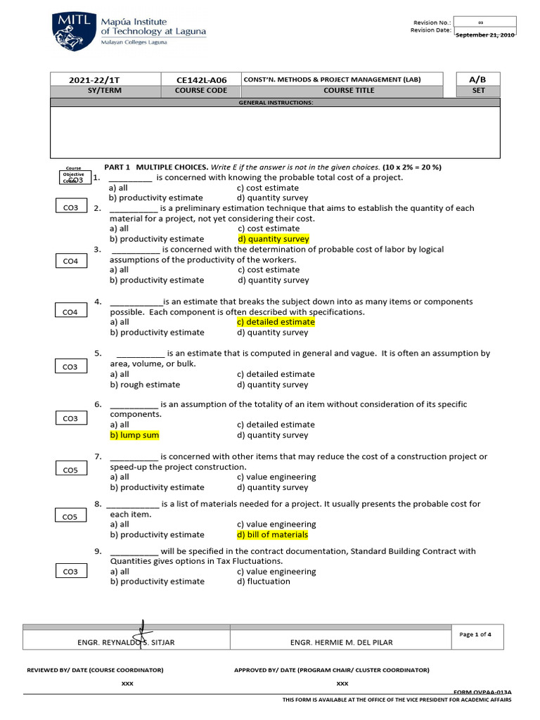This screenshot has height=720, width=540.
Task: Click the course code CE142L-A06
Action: pos(201,79)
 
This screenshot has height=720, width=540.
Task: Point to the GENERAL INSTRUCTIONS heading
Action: pos(276,103)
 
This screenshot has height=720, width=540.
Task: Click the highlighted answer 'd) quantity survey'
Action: pos(273,239)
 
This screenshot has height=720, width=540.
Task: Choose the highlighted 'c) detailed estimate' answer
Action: pos(276,322)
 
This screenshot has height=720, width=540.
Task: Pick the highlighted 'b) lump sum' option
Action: pos(134,435)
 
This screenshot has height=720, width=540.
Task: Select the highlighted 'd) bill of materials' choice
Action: pos(273,534)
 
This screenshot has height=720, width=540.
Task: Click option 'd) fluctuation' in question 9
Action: pos(264,581)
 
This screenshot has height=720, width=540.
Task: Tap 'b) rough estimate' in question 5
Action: pos(145,385)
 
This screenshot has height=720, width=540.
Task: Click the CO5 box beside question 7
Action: pos(70,470)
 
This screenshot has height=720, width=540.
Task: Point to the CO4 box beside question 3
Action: pos(70,262)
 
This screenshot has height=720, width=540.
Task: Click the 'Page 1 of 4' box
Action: pos(475,634)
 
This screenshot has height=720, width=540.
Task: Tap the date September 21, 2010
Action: pos(484,34)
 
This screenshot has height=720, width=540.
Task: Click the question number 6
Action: pos(98,404)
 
